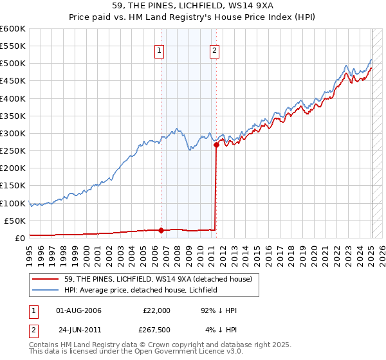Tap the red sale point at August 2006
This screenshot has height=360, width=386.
pos(161,230)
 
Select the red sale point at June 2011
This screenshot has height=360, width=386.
pos(217,145)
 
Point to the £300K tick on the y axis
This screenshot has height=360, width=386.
pos(13,133)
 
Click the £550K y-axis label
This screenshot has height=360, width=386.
pos(13,46)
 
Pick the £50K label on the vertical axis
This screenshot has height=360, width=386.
pos(15,221)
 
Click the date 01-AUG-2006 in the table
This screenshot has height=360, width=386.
pos(79,310)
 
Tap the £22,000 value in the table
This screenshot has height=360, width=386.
pos(156,310)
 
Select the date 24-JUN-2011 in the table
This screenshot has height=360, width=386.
pos(79,331)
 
